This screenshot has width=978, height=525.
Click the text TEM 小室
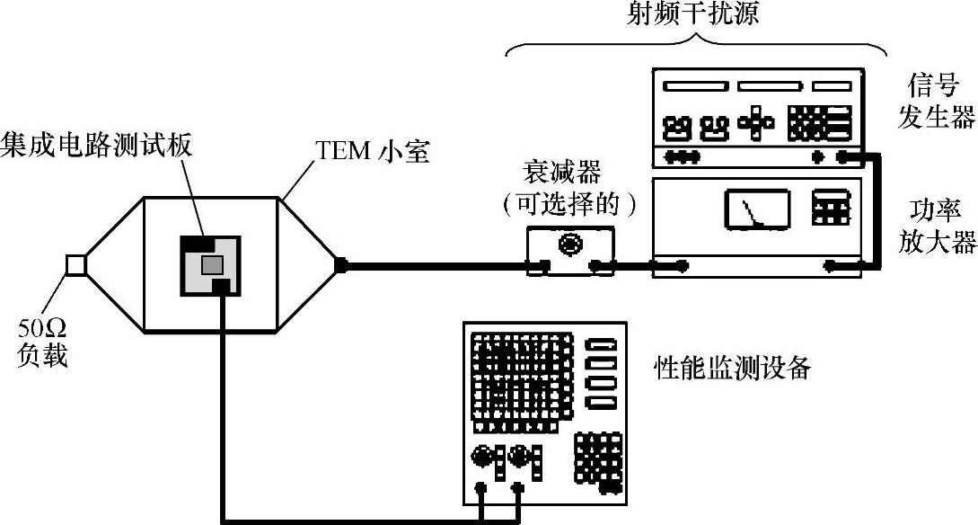tap(372, 151)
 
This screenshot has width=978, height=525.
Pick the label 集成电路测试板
tap(96, 145)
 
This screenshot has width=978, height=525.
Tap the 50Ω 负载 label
tap(43, 340)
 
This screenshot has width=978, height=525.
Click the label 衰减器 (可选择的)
tap(570, 190)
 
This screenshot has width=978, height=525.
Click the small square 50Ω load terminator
tap(75, 264)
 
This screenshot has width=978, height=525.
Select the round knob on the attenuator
tap(568, 244)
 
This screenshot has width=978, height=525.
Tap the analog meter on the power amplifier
tap(757, 209)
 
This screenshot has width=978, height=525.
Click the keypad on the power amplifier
tap(831, 209)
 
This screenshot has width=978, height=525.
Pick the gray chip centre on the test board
tap(212, 264)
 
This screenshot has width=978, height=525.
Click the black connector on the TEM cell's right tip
tap(339, 265)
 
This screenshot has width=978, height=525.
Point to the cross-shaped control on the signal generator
tap(755, 124)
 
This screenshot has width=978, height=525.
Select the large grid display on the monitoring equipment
tap(522, 378)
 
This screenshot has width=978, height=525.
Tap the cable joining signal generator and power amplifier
tap(870, 212)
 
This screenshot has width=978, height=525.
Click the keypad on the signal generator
tap(818, 123)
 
